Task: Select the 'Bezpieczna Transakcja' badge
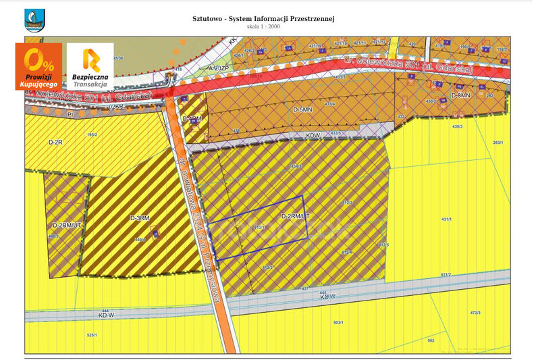point(90,66)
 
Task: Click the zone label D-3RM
point(139,218)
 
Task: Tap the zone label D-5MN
point(302,109)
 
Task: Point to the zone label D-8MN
point(460,96)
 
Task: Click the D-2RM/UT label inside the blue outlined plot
point(295,215)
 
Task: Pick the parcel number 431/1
point(446,220)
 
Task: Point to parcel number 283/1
point(498,143)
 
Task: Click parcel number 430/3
point(457,126)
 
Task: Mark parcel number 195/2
point(92,134)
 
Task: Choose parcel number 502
point(431,341)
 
